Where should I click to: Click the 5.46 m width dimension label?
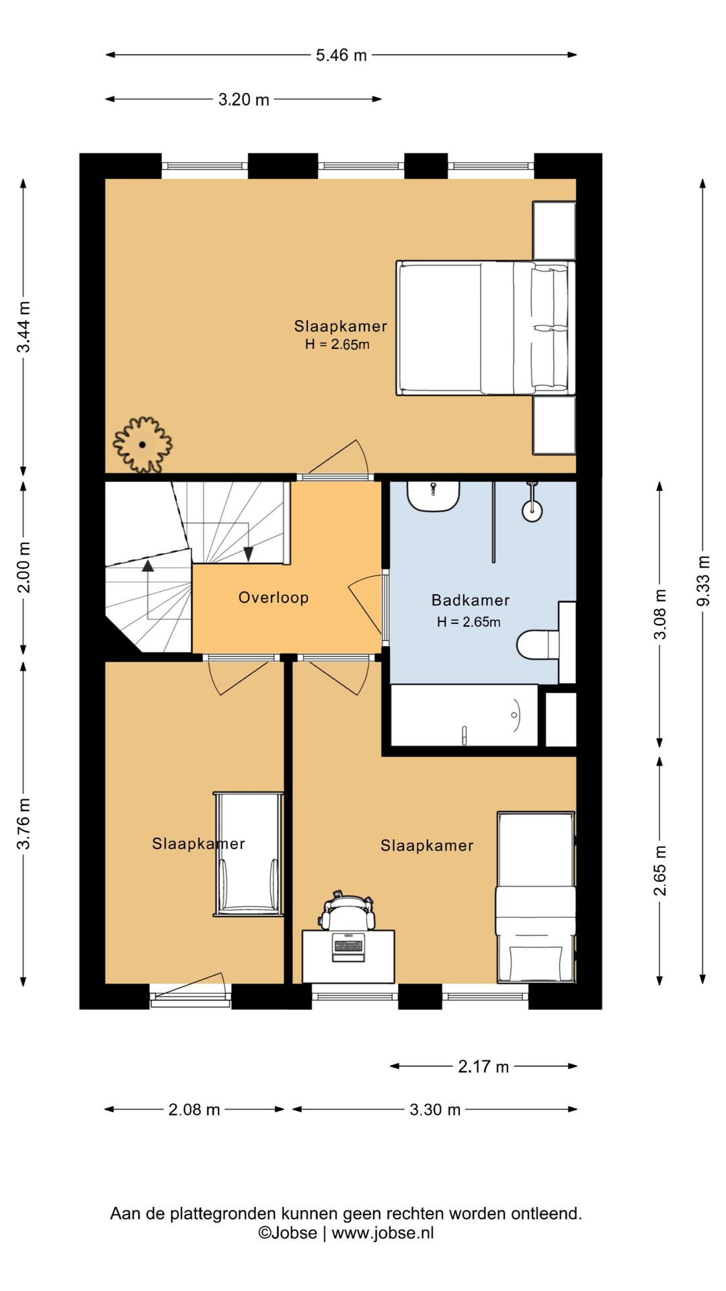tap(341, 55)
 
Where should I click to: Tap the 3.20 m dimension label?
tap(243, 100)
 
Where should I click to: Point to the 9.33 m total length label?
tap(702, 580)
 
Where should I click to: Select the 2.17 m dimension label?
tap(483, 1066)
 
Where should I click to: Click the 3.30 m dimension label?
tap(435, 1109)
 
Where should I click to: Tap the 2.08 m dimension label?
tap(194, 1109)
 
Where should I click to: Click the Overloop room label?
tap(274, 597)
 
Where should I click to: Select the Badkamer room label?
tap(471, 600)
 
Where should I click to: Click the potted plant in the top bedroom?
tap(143, 444)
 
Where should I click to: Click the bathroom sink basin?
tap(434, 496)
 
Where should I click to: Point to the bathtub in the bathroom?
tap(464, 715)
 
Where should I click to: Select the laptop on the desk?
tap(348, 947)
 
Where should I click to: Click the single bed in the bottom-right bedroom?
tap(536, 897)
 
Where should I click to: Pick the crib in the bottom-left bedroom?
tap(248, 854)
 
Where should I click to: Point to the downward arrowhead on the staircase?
tap(248, 554)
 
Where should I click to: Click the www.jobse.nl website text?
tap(382, 1233)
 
